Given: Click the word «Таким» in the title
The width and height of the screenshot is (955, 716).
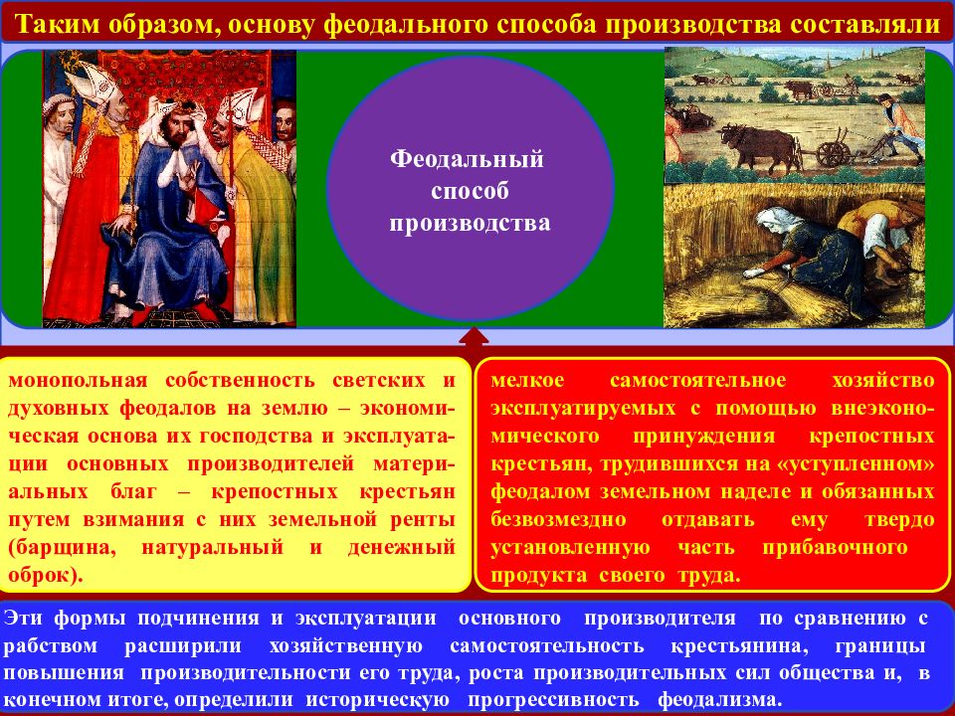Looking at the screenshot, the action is [58, 24].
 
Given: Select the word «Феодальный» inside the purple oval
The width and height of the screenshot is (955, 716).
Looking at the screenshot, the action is [467, 159].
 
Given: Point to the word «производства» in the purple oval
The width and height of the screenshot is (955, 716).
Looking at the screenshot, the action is [470, 224].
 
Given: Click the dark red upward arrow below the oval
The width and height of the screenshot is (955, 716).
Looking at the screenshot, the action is [474, 338].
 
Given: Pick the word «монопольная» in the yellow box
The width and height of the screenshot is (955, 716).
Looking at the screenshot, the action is [78, 381].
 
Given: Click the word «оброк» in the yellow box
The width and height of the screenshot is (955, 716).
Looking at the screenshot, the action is [42, 575].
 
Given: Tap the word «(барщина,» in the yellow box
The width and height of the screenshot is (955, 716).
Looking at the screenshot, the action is [62, 547].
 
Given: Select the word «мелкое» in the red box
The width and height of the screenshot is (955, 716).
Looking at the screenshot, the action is [527, 381].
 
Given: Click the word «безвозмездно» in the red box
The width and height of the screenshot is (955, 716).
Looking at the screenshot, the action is [558, 520].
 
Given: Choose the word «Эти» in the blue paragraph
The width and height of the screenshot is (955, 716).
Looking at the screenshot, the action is [23, 618].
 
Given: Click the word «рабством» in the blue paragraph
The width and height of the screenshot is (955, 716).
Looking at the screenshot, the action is [51, 646].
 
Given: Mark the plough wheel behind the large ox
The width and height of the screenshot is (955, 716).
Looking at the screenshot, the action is [833, 154].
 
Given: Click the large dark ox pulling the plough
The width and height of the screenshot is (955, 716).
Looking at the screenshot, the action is [759, 147].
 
